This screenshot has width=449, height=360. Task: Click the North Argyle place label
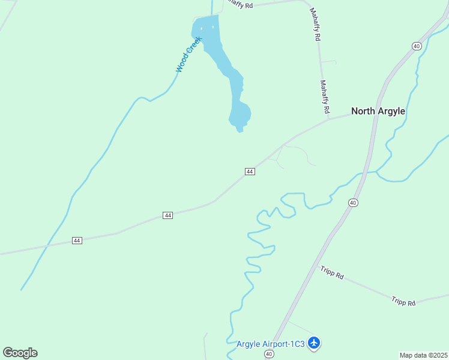tap(378, 111)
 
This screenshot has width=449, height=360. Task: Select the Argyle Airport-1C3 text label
tap(270, 344)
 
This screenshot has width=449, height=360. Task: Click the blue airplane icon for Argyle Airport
tap(314, 343)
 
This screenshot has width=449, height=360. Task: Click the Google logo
tap(20, 353)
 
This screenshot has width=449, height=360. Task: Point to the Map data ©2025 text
tap(424, 355)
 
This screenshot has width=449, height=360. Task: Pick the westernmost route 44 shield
tap(77, 240)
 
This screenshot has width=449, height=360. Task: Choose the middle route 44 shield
tap(167, 215)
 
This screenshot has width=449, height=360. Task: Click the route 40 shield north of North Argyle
tap(417, 46)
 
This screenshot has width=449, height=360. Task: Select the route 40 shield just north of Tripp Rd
tap(353, 203)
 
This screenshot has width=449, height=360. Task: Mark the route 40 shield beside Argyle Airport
tap(269, 354)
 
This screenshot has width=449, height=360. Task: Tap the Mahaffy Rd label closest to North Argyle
tap(325, 97)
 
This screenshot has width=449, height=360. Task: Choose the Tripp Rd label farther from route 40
tap(403, 302)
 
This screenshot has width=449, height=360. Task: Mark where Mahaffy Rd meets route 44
tap(329, 118)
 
